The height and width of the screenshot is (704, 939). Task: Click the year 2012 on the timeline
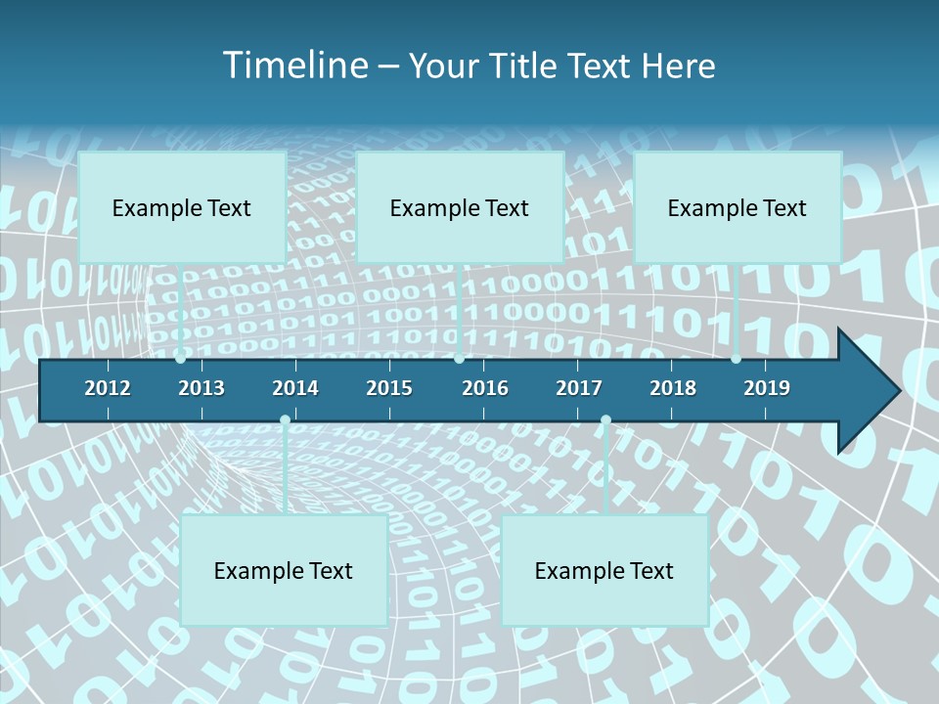click(108, 388)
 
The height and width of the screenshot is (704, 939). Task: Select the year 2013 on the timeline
click(201, 388)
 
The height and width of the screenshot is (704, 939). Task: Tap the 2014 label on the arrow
click(295, 388)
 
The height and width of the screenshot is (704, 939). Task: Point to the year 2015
click(389, 388)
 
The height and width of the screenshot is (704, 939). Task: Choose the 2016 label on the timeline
click(485, 388)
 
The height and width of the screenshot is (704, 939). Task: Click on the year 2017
click(579, 388)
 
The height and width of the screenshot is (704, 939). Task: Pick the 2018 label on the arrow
click(673, 388)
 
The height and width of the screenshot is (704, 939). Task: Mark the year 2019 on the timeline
click(767, 388)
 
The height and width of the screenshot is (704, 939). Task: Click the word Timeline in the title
click(294, 66)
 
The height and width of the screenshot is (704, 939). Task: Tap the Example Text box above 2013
click(182, 207)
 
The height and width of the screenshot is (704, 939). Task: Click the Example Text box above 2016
click(460, 207)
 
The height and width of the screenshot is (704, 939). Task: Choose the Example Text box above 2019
click(738, 207)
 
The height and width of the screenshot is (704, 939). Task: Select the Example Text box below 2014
click(284, 570)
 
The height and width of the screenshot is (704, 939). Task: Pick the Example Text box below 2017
click(604, 570)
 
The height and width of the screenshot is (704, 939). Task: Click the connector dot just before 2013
click(181, 359)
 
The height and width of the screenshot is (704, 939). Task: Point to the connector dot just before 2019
click(736, 359)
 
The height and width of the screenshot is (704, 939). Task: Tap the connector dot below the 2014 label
click(285, 419)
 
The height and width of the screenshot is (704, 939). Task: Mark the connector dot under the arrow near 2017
click(605, 419)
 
